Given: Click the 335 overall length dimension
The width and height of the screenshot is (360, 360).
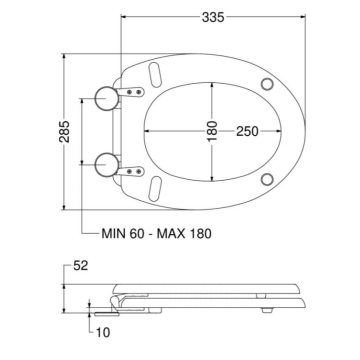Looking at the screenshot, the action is point(213,17).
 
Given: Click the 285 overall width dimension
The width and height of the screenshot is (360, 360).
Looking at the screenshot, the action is point(64,132).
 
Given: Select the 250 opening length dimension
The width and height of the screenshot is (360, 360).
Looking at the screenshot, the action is point(247,131).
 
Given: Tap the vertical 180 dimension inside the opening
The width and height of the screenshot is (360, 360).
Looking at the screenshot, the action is point(212,131).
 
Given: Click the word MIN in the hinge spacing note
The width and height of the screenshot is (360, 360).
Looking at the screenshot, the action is point(113,234).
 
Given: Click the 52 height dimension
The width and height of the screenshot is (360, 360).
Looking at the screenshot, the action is point(80,266).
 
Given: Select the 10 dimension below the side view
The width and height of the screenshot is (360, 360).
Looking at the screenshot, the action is point(103,332).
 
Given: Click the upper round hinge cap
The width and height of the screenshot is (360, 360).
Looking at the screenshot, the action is point(107,98).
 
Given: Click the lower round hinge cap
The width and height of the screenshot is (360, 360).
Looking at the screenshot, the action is point(107,165).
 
